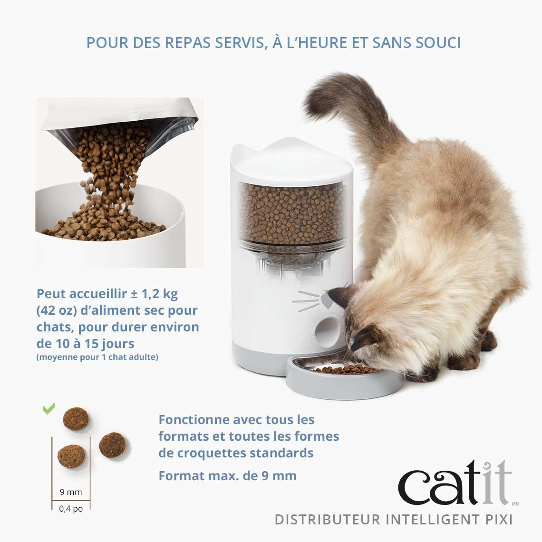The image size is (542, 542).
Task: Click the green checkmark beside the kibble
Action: pyautogui.click(x=49, y=408)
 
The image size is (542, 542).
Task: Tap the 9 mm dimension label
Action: pyautogui.click(x=71, y=492)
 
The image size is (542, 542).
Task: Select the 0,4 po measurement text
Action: pyautogui.click(x=71, y=509)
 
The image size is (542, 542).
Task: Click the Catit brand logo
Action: pyautogui.click(x=454, y=483)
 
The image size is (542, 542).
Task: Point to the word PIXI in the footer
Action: pyautogui.click(x=499, y=520)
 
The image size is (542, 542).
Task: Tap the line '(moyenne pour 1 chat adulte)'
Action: pyautogui.click(x=97, y=357)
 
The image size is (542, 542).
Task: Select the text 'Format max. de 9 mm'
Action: pyautogui.click(x=227, y=475)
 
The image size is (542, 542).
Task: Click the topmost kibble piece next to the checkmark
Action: pyautogui.click(x=76, y=419)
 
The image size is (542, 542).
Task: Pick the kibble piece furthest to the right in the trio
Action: pyautogui.click(x=113, y=445)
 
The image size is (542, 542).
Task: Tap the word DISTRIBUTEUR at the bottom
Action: pyautogui.click(x=328, y=520)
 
